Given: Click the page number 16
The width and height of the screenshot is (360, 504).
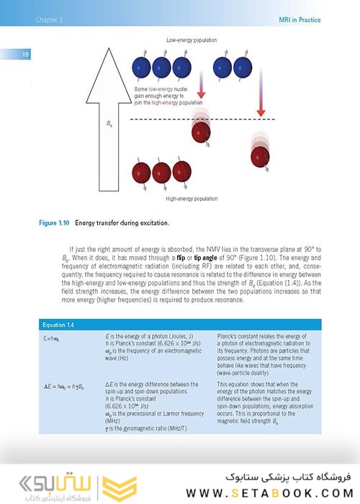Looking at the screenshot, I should pyautogui.click(x=24, y=55).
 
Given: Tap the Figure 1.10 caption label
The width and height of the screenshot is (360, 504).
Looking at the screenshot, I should pyautogui.click(x=54, y=222).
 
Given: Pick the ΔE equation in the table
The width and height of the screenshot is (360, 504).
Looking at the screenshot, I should pyautogui.click(x=65, y=387).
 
